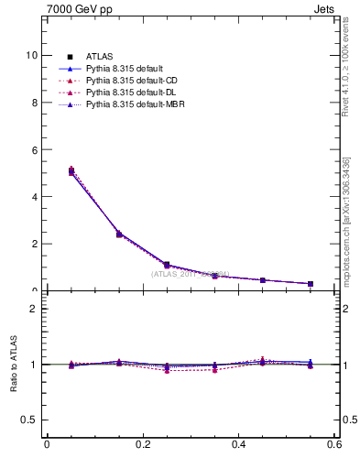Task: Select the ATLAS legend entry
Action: (x=100, y=57)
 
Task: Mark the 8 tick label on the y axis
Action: (x=33, y=103)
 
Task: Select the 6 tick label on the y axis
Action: (x=33, y=149)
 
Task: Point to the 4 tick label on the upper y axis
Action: (x=33, y=197)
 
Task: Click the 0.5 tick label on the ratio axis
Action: (x=29, y=420)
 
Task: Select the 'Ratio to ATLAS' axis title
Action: (x=13, y=365)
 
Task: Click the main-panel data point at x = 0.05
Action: (x=71, y=171)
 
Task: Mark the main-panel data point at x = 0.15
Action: (x=119, y=234)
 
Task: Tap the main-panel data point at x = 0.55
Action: (x=311, y=284)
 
